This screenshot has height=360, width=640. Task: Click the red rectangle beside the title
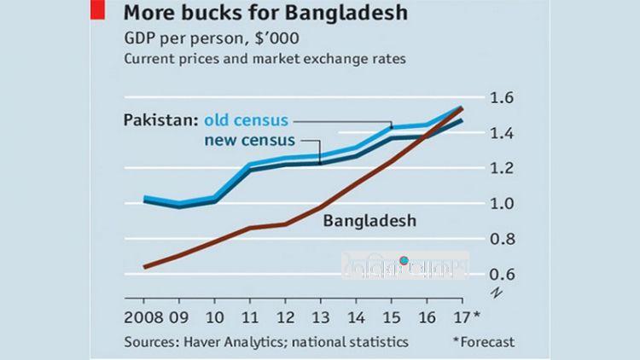pyautogui.click(x=97, y=12)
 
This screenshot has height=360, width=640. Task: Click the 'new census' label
pyautogui.click(x=251, y=139)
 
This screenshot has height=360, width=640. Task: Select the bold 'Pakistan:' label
pyautogui.click(x=160, y=119)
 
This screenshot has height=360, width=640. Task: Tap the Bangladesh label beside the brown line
pyautogui.click(x=369, y=221)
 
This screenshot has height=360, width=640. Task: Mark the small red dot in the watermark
pyautogui.click(x=404, y=260)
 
